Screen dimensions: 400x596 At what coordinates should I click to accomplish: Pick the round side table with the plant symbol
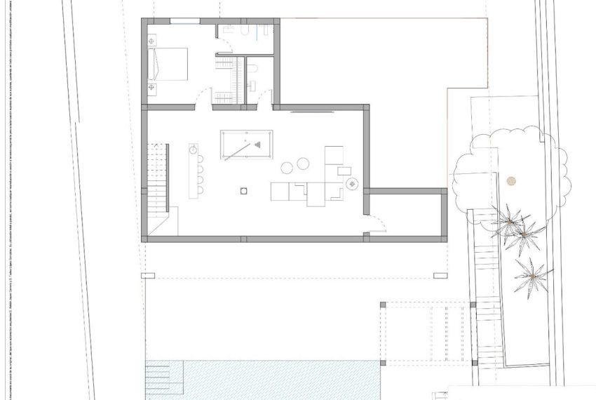pyautogui.click(x=351, y=184)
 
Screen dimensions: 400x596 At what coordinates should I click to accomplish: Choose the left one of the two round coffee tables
pyautogui.click(x=287, y=167)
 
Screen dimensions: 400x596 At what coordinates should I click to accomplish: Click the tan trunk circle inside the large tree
pyautogui.click(x=511, y=180)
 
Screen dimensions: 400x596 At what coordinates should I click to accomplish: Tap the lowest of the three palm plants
pyautogui.click(x=532, y=276)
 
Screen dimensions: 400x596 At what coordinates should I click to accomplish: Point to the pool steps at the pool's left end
pyautogui.click(x=163, y=380)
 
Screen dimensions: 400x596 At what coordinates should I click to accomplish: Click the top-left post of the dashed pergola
pyautogui.click(x=383, y=305)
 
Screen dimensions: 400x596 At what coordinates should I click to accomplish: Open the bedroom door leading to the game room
pyautogui.click(x=203, y=98)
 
